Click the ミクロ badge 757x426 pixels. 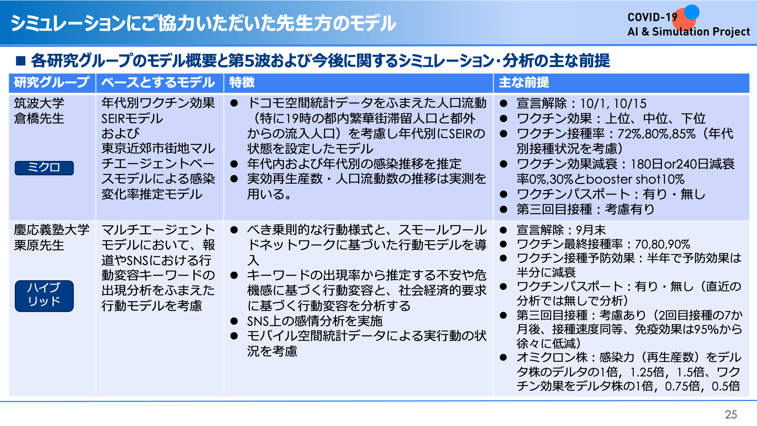44,168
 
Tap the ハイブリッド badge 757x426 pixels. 44,296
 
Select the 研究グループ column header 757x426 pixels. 52,83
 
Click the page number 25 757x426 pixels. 731,415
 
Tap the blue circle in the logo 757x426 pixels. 692,12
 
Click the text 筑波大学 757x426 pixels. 39,103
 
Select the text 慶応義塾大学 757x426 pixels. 51,230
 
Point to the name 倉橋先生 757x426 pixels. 39,119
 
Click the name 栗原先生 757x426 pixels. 39,245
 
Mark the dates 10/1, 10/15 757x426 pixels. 613,103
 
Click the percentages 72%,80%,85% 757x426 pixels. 656,134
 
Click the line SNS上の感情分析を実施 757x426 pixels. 315,321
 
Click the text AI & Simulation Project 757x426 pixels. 688,32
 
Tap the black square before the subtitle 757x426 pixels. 20,61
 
